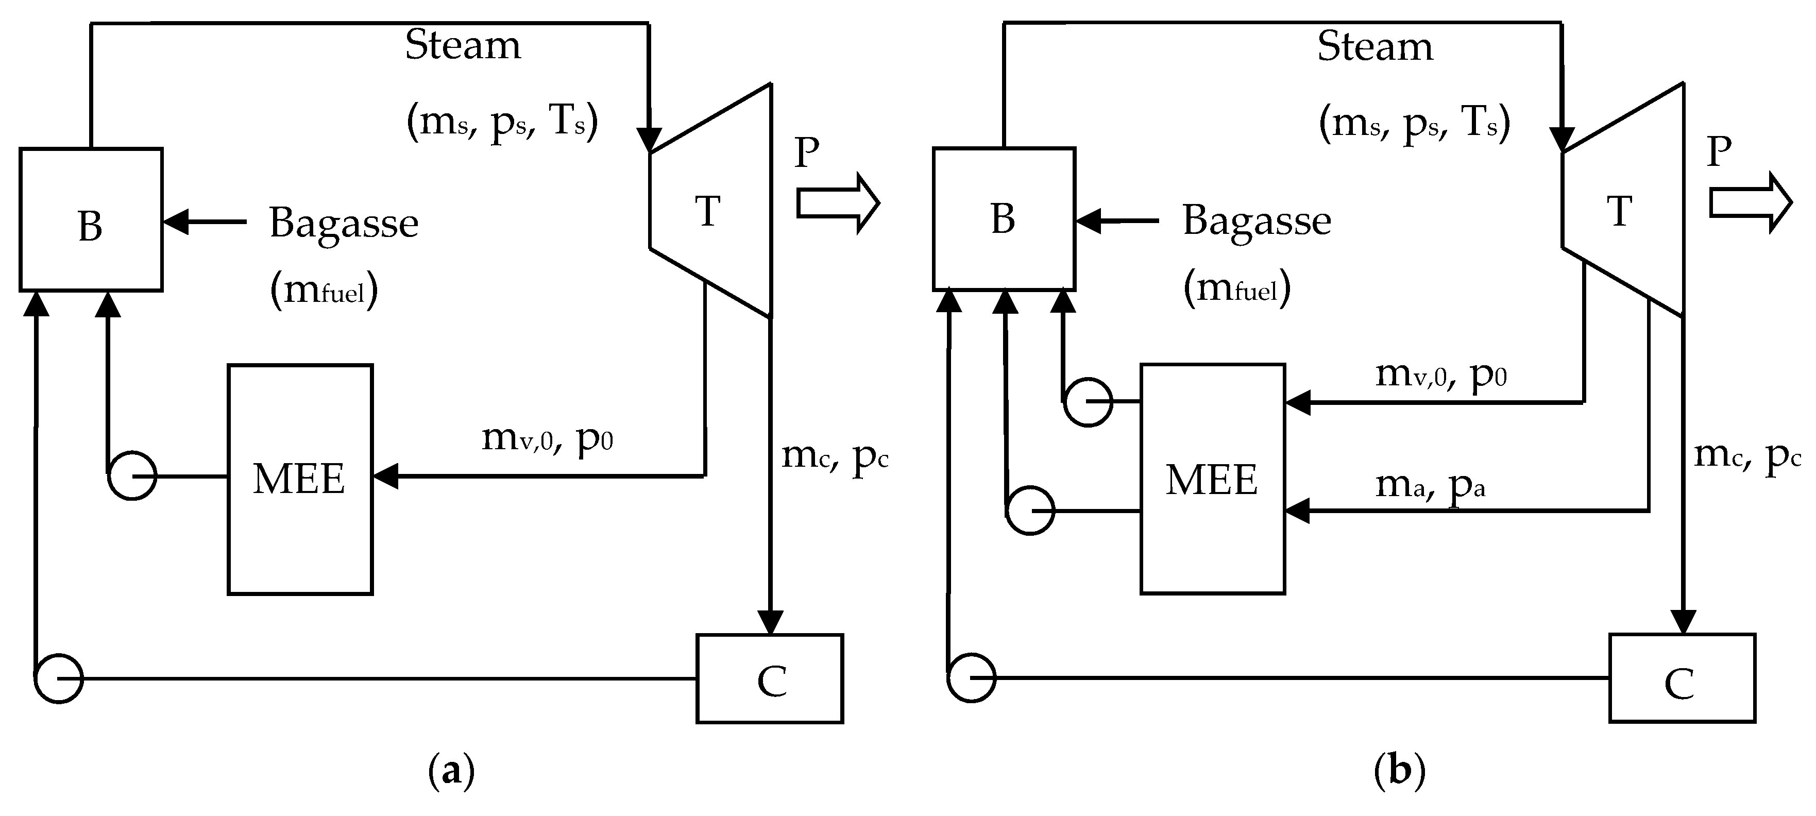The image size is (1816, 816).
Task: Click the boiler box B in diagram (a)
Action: click(x=91, y=220)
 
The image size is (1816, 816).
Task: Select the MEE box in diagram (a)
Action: click(x=300, y=479)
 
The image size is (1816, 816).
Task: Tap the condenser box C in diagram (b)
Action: click(x=1682, y=678)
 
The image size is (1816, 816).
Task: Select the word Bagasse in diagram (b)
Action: click(x=1256, y=220)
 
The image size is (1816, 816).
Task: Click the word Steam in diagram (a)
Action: click(x=463, y=46)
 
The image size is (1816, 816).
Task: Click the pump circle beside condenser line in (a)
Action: click(x=59, y=678)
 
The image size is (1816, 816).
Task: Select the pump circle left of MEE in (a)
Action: click(x=132, y=477)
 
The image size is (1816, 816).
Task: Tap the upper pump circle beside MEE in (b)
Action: click(x=1088, y=402)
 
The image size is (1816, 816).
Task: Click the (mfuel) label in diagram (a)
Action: click(x=324, y=290)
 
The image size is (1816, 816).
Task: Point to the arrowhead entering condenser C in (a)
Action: click(x=771, y=623)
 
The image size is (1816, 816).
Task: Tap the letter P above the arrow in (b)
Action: click(x=1719, y=151)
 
